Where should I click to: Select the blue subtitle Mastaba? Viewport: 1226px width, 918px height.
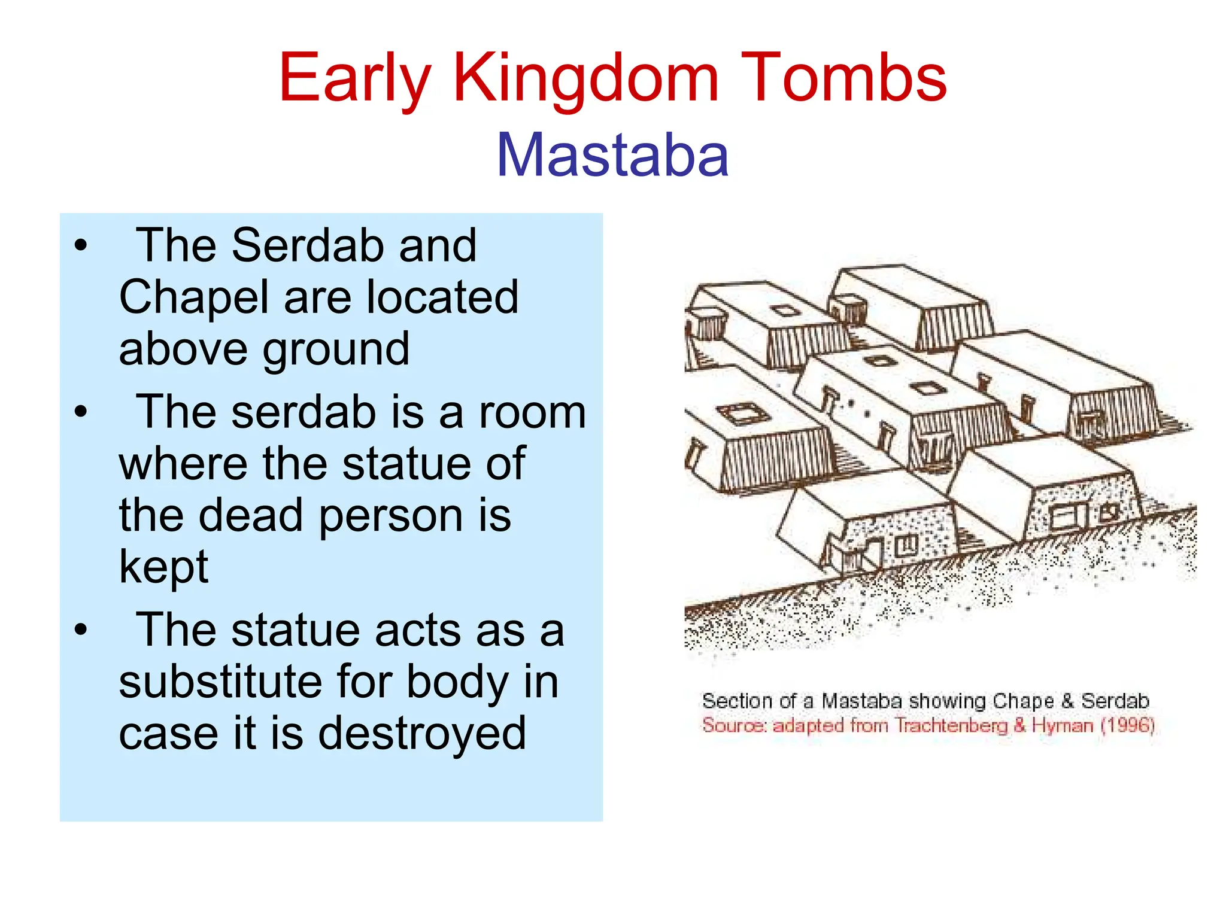pyautogui.click(x=612, y=156)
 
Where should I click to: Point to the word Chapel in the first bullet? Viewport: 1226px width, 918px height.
pyautogui.click(x=193, y=297)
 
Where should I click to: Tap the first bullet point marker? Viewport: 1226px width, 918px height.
pyautogui.click(x=81, y=245)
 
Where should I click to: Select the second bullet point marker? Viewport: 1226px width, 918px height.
pyautogui.click(x=81, y=412)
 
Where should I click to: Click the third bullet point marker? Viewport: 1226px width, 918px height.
pyautogui.click(x=81, y=630)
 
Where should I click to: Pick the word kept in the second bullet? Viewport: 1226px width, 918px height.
pyautogui.click(x=163, y=566)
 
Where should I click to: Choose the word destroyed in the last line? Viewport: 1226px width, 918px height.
pyautogui.click(x=421, y=734)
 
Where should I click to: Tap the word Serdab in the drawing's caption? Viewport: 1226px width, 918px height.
pyautogui.click(x=1115, y=701)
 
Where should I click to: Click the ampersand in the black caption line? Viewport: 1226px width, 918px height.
pyautogui.click(x=1067, y=701)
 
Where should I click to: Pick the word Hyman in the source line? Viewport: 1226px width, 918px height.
pyautogui.click(x=1063, y=725)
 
